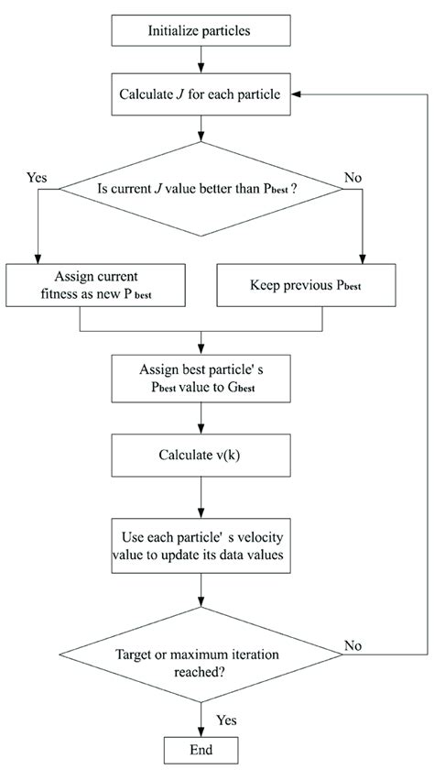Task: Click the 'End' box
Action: (x=200, y=748)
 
